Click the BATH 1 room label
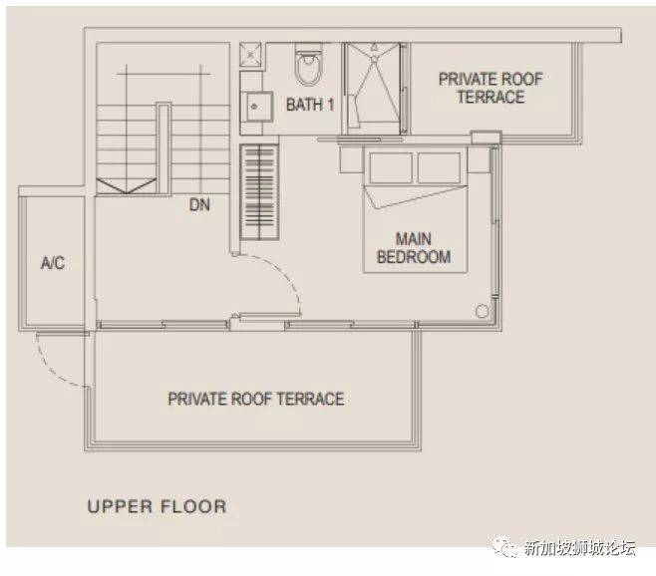point(310,105)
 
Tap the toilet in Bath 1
point(309,64)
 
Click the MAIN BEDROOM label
point(414,247)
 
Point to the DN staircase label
point(199,205)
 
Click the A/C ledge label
point(53,263)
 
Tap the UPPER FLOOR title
point(157,506)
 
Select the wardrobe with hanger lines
point(259,192)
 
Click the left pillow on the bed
point(391,167)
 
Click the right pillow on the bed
point(439,167)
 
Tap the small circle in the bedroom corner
point(482,311)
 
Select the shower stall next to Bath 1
point(374,89)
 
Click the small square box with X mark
point(250,54)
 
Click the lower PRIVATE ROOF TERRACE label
point(256,399)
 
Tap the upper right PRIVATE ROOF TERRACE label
point(491,88)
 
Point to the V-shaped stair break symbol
point(127,185)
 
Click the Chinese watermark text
point(580,547)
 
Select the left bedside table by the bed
point(351,159)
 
